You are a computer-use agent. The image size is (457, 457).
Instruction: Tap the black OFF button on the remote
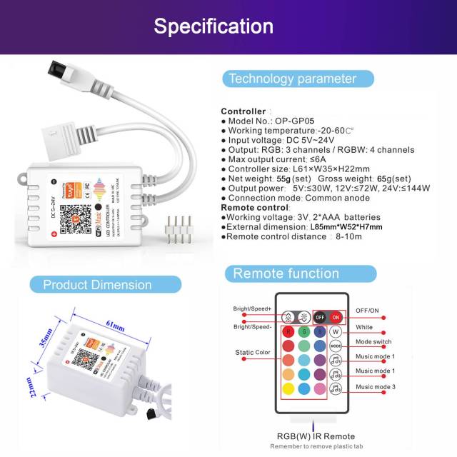(319, 317)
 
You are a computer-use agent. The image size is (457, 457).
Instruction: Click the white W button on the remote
(336, 331)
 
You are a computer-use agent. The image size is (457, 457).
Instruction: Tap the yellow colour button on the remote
(289, 388)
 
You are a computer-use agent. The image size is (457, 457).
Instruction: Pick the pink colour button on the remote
(319, 388)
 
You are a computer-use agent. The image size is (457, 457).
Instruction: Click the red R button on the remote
(289, 332)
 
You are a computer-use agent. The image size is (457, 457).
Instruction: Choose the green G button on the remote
(304, 332)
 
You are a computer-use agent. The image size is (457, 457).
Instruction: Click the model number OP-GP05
(294, 121)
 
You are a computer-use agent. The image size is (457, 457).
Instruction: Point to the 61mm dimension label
(116, 326)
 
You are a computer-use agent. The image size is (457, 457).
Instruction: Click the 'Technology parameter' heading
(292, 79)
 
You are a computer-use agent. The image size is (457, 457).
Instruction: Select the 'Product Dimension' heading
(97, 284)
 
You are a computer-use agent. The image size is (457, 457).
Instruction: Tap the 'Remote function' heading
(286, 273)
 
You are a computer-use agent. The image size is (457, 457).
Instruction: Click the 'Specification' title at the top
(214, 26)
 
